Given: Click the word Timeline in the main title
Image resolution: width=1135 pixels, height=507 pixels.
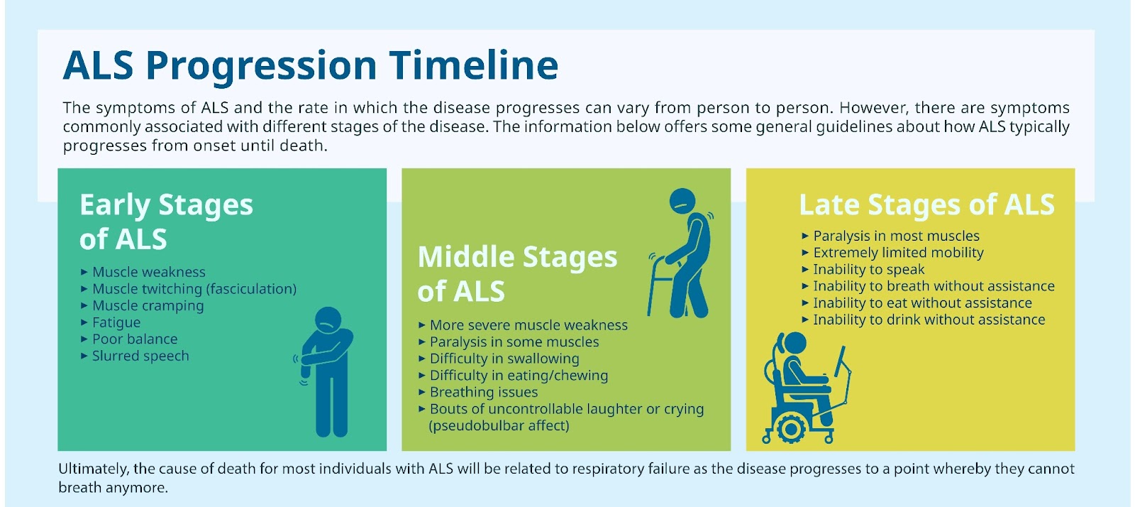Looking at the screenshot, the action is pyautogui.click(x=474, y=65).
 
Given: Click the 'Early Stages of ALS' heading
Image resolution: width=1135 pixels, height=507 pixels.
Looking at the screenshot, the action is pyautogui.click(x=166, y=222).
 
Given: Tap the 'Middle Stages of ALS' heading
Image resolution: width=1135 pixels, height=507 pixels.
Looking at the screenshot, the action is pyautogui.click(x=517, y=274).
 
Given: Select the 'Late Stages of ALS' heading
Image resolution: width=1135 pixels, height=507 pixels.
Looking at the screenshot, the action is pyautogui.click(x=926, y=205).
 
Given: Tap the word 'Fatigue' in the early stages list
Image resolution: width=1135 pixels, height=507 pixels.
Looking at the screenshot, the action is pyautogui.click(x=116, y=322).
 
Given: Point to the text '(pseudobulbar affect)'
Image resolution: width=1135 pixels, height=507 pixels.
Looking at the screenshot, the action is pyautogui.click(x=499, y=426).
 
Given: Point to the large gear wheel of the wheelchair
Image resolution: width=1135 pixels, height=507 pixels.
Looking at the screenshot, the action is pyautogui.click(x=790, y=429).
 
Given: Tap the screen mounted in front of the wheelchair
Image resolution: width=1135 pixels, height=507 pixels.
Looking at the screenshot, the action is pyautogui.click(x=841, y=361).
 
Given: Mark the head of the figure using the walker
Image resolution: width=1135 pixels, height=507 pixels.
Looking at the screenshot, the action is pyautogui.click(x=682, y=202).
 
